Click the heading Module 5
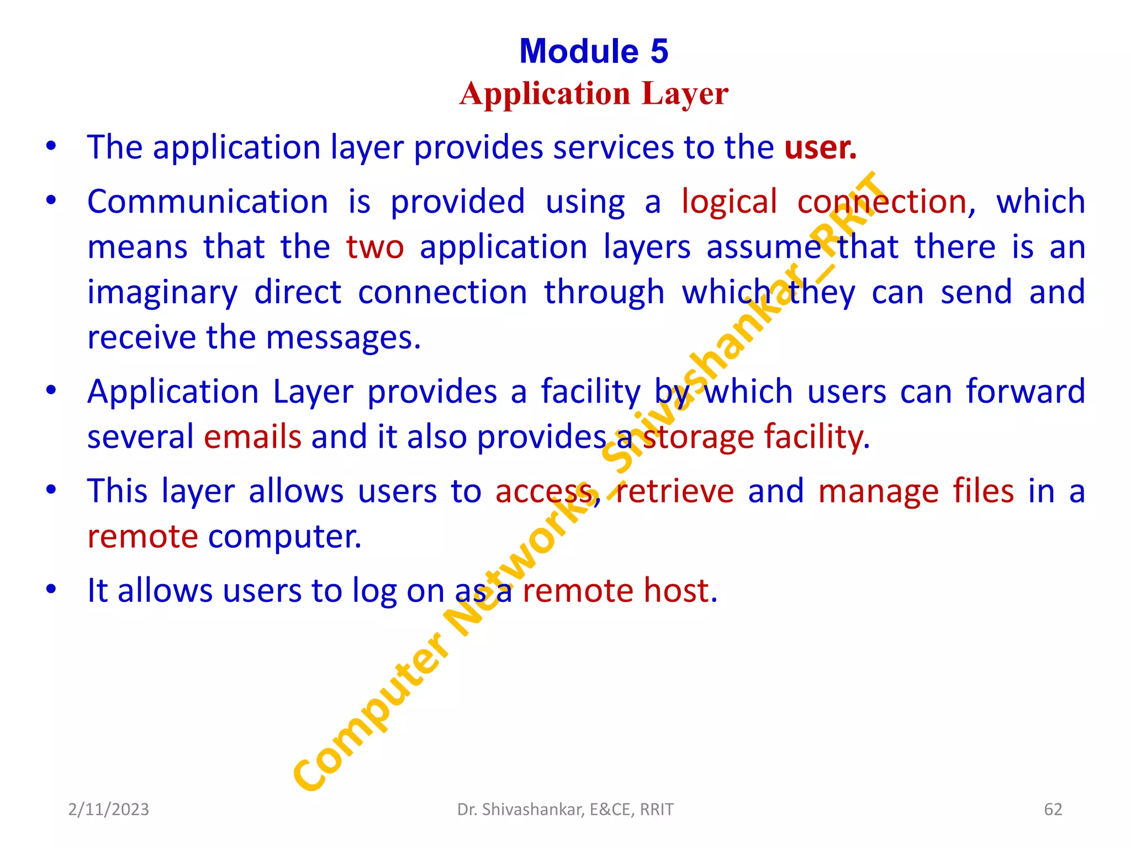(x=594, y=51)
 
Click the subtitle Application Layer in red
(x=594, y=94)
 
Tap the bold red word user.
(x=820, y=147)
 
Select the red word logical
(x=729, y=202)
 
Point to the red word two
(x=375, y=247)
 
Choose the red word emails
(x=252, y=437)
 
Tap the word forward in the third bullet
(x=1025, y=391)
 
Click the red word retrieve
(x=675, y=491)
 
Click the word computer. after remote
(x=285, y=536)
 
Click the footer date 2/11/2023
(x=108, y=809)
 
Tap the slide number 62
(x=1053, y=809)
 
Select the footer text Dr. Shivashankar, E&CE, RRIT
(x=565, y=809)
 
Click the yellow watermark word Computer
(x=370, y=712)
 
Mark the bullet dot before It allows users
(x=51, y=589)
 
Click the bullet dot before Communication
(x=51, y=200)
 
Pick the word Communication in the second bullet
(x=208, y=202)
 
